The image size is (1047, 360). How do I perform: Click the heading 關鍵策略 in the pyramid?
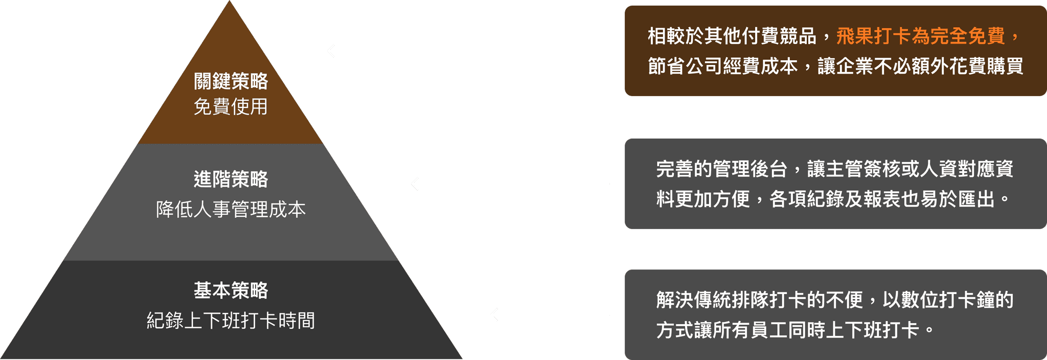point(231,81)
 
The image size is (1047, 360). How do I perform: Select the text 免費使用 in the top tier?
point(231,107)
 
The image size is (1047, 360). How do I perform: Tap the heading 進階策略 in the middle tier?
point(231,179)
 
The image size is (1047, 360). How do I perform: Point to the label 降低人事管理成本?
point(231,210)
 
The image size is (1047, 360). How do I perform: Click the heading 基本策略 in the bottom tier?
point(231,290)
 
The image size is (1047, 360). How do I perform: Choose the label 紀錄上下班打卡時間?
point(231,321)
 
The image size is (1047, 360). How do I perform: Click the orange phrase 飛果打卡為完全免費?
point(921,36)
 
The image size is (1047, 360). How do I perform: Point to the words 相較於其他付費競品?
point(732,36)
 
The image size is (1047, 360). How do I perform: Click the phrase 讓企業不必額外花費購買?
point(920,66)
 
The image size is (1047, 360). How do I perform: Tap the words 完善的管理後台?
point(721,169)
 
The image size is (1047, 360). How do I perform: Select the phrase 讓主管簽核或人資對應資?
point(910,169)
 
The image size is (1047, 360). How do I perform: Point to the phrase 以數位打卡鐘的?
point(948,300)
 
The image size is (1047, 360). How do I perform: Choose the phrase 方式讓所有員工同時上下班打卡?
point(788,330)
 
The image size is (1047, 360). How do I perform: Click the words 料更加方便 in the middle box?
point(703,199)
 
